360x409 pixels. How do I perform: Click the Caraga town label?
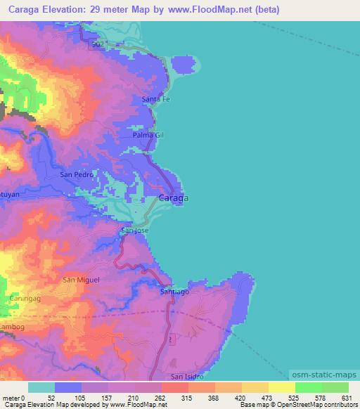coord(173,198)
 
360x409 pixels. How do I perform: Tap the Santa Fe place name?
coord(156,100)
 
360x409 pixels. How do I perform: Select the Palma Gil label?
coord(148,134)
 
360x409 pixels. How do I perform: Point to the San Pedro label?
coord(77,174)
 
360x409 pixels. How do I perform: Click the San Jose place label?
coord(135,231)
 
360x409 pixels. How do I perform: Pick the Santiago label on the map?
coord(175,291)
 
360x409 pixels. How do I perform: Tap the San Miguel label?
coord(82,280)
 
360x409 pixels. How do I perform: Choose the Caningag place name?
coord(24,299)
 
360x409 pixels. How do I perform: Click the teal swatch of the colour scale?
coord(41,387)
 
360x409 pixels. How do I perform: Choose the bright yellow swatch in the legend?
coord(281,387)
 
